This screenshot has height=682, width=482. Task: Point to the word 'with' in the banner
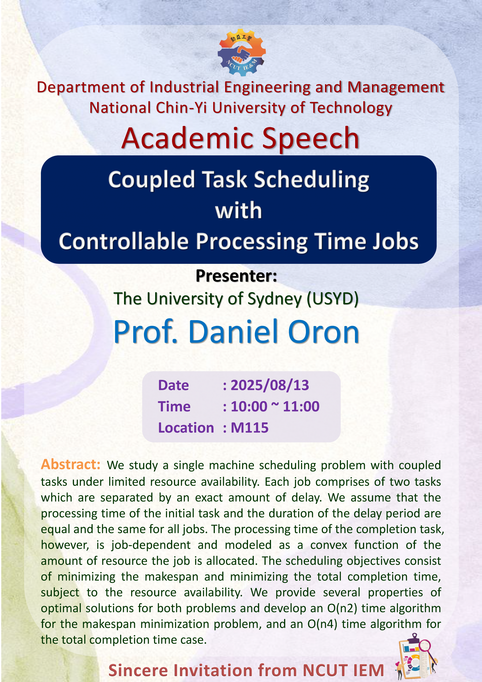(x=238, y=210)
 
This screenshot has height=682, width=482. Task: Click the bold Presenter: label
(x=237, y=276)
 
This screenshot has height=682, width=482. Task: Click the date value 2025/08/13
(x=270, y=385)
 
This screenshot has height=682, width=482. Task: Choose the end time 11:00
(x=301, y=406)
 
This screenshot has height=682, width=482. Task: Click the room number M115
(x=250, y=428)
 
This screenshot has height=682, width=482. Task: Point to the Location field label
(x=186, y=428)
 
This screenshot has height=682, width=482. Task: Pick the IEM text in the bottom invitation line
(x=364, y=670)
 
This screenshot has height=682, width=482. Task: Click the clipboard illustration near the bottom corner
(x=416, y=656)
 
